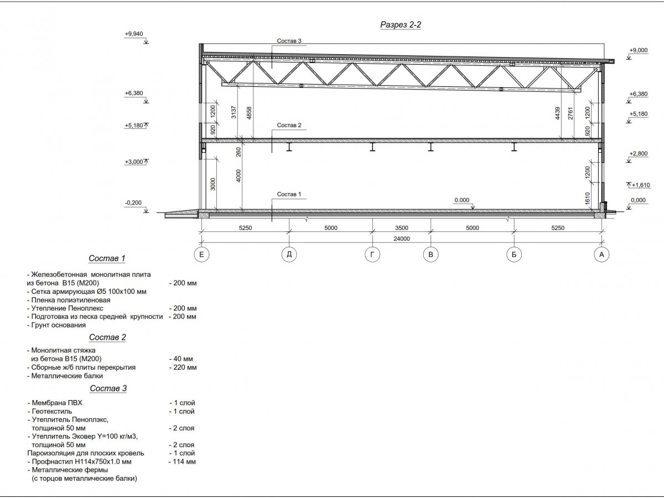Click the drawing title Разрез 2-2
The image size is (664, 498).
(401, 24)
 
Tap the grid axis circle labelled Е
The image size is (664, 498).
(202, 255)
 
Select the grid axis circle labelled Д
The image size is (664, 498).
(289, 255)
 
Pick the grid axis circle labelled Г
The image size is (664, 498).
(372, 255)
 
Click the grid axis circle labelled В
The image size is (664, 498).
(430, 255)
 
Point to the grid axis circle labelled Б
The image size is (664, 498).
(514, 255)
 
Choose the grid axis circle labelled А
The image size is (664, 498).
(601, 255)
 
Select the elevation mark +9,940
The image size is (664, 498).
(134, 34)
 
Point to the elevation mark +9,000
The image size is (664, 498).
(638, 50)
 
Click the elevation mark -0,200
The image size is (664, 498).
(134, 203)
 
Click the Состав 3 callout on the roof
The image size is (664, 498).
(289, 41)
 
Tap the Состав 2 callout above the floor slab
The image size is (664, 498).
(289, 126)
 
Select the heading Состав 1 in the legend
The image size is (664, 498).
(107, 258)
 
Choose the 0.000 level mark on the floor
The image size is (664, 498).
(461, 200)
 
